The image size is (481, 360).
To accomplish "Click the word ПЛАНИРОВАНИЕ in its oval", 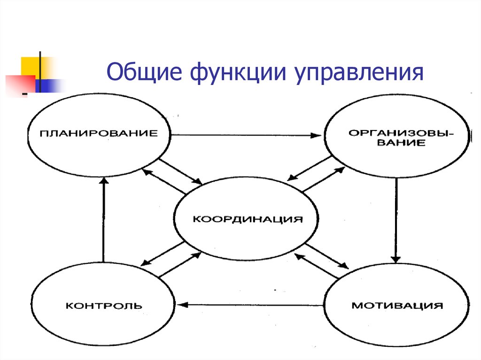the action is click(99, 133).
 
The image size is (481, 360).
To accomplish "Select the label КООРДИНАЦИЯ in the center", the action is click(248, 219).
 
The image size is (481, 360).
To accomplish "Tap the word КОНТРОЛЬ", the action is click(104, 306).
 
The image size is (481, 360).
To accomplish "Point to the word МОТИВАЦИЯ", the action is click(397, 306).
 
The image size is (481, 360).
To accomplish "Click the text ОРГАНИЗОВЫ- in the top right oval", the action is click(401, 133).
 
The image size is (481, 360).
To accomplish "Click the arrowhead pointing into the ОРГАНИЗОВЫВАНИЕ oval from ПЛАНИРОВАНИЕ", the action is click(316, 135).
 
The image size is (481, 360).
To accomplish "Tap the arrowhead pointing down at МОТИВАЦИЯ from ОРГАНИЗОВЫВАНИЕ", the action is click(396, 259).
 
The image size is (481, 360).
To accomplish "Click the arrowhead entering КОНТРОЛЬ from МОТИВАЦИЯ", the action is click(182, 305).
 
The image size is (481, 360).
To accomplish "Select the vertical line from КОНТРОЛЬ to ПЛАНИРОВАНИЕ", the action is click(104, 220).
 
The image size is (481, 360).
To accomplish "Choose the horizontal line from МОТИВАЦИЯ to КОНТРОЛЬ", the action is click(250, 305).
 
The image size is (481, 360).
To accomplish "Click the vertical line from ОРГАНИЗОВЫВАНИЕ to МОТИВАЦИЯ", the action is click(396, 221).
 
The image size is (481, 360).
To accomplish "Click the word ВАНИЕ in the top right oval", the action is click(401, 143).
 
